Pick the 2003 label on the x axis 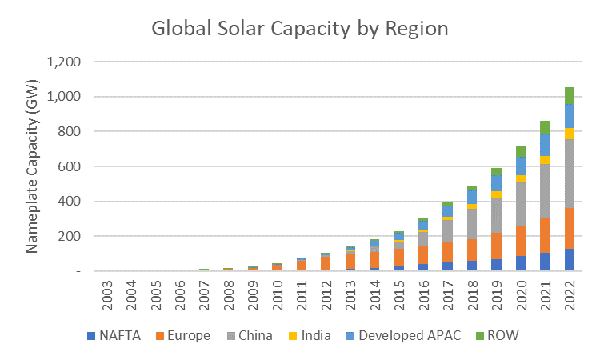106,297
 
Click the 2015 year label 399,297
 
